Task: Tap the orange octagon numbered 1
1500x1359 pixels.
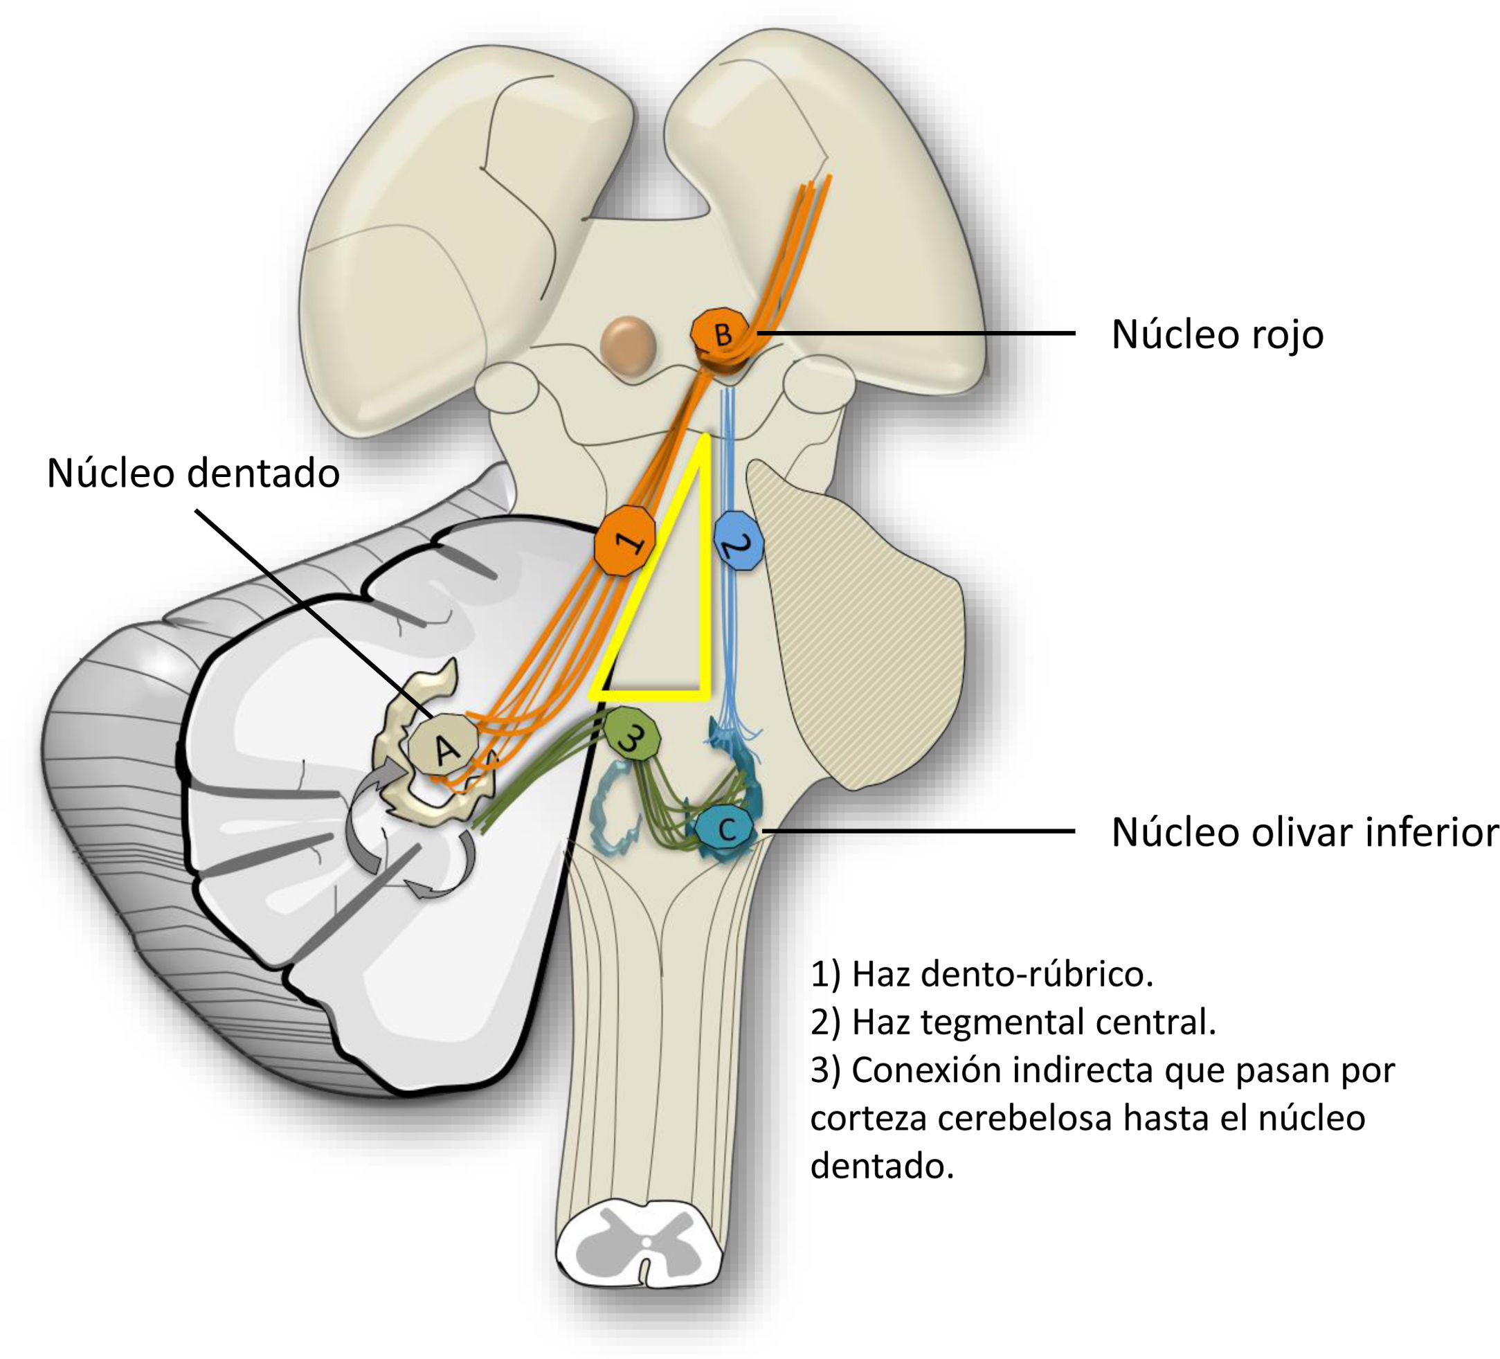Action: [625, 540]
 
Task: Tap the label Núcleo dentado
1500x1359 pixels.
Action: [192, 474]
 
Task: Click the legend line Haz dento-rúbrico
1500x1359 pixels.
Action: [982, 973]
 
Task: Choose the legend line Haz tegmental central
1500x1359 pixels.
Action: [1013, 1022]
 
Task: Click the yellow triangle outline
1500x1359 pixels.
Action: [704, 566]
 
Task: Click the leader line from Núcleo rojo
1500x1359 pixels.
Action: [915, 334]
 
